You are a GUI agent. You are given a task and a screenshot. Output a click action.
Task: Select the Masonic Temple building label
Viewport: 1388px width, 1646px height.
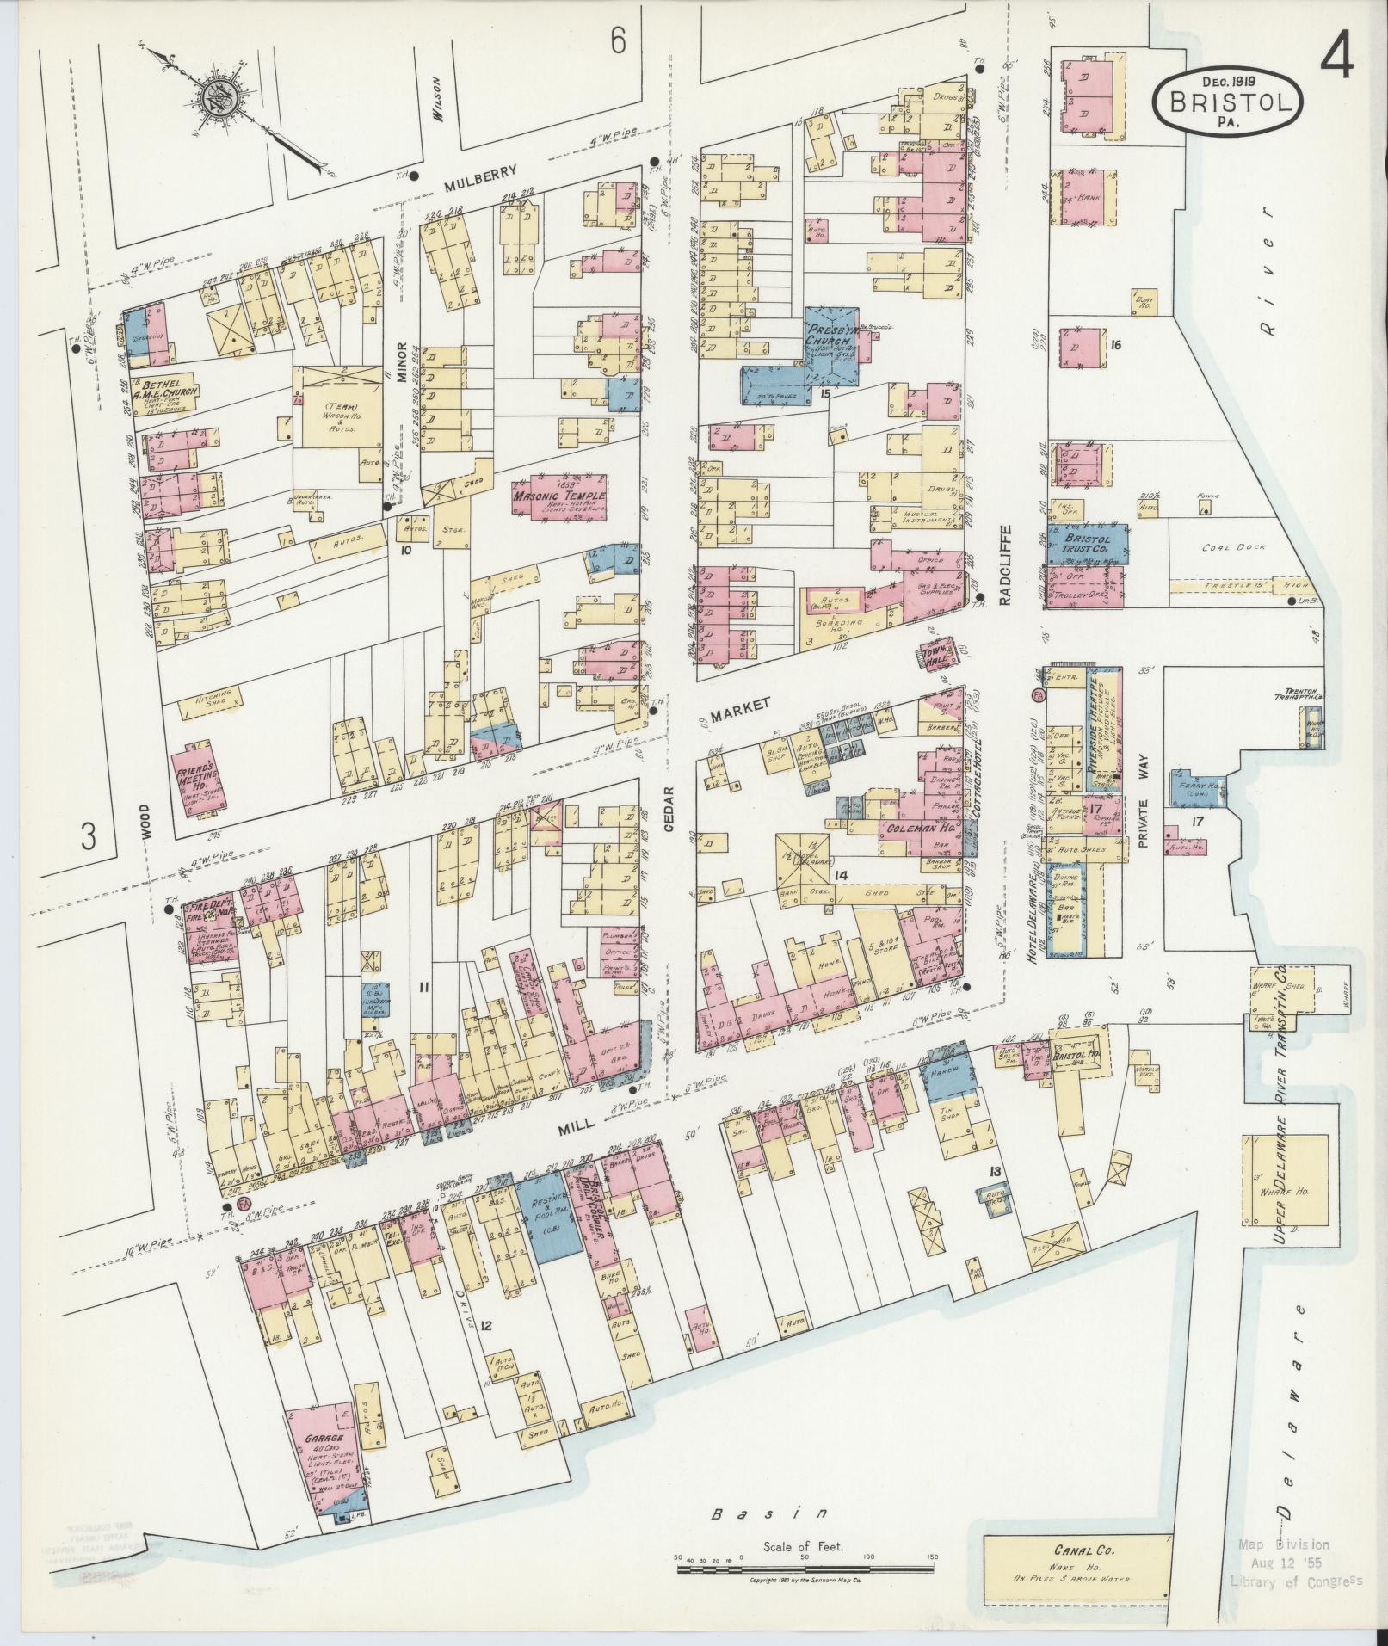point(558,497)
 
